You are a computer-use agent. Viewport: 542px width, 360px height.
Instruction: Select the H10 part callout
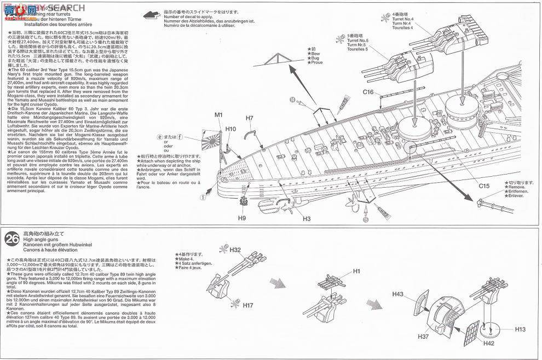point(230,129)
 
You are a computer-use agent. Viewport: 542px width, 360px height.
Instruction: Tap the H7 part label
point(249,118)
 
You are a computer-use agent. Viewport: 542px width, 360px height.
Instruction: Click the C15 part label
point(483,201)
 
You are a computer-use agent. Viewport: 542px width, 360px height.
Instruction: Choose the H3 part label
point(307,219)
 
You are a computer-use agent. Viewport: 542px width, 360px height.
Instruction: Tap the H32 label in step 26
point(235,249)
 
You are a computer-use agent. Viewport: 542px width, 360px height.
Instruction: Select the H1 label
point(356,271)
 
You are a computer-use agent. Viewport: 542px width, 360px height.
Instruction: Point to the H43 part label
point(398,294)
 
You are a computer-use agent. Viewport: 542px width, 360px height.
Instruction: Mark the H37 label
point(423,337)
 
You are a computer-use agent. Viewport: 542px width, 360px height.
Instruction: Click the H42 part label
point(489,342)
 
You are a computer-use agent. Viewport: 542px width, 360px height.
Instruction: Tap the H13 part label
point(520,329)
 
